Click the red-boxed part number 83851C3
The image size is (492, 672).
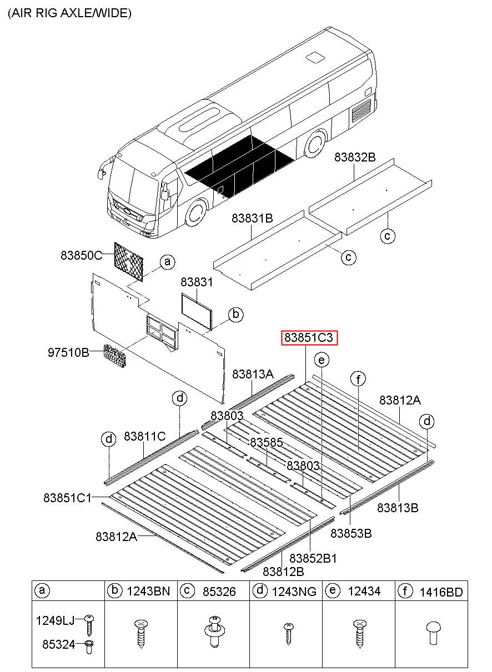[x=310, y=338]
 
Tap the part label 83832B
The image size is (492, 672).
[x=355, y=158]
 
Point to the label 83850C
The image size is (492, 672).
[x=82, y=256]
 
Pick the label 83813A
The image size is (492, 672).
[x=253, y=375]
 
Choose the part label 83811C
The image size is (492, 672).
[x=145, y=437]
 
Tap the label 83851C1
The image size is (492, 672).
[x=67, y=498]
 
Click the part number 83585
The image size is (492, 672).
[x=267, y=443]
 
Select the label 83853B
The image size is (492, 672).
[x=351, y=533]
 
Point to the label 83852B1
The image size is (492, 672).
[x=313, y=558]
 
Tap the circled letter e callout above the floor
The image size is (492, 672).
[x=321, y=360]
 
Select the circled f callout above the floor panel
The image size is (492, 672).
[x=359, y=379]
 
